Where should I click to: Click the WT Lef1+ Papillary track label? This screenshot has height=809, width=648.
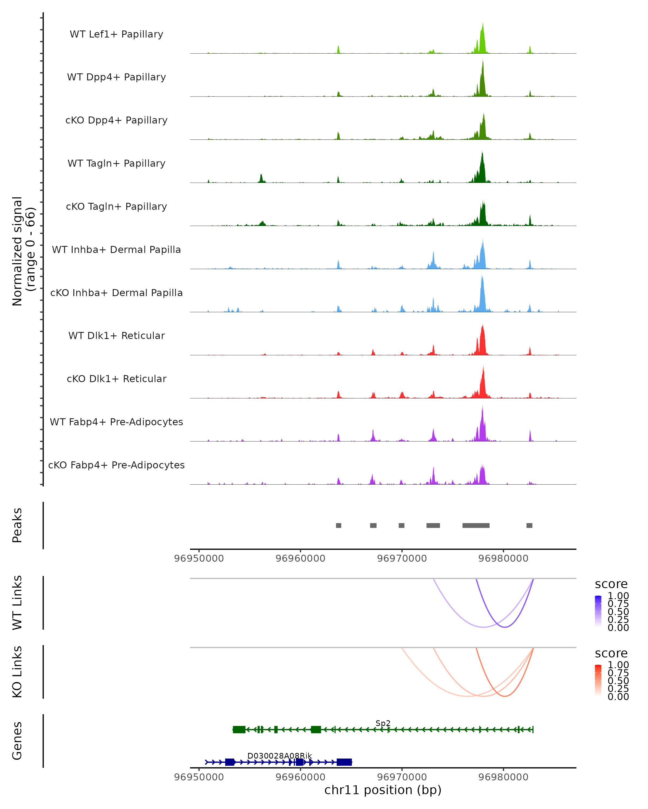point(116,34)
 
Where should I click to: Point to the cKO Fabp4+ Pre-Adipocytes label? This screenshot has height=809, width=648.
point(116,465)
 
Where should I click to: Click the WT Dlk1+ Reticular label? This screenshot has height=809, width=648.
point(116,335)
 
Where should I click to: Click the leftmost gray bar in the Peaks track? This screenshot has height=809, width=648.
point(339,525)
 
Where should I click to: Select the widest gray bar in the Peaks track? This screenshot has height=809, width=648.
point(476,525)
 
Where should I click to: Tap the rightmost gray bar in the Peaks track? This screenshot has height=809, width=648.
point(529,525)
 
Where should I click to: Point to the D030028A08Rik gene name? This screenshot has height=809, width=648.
point(279,755)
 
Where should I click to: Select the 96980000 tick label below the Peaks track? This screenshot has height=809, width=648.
point(503,558)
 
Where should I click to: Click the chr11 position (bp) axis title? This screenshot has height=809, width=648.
point(383,790)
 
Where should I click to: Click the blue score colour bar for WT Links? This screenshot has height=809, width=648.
point(598,611)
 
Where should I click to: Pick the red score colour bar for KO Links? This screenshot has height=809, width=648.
point(598,680)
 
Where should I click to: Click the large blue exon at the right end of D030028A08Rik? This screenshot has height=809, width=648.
point(344,762)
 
